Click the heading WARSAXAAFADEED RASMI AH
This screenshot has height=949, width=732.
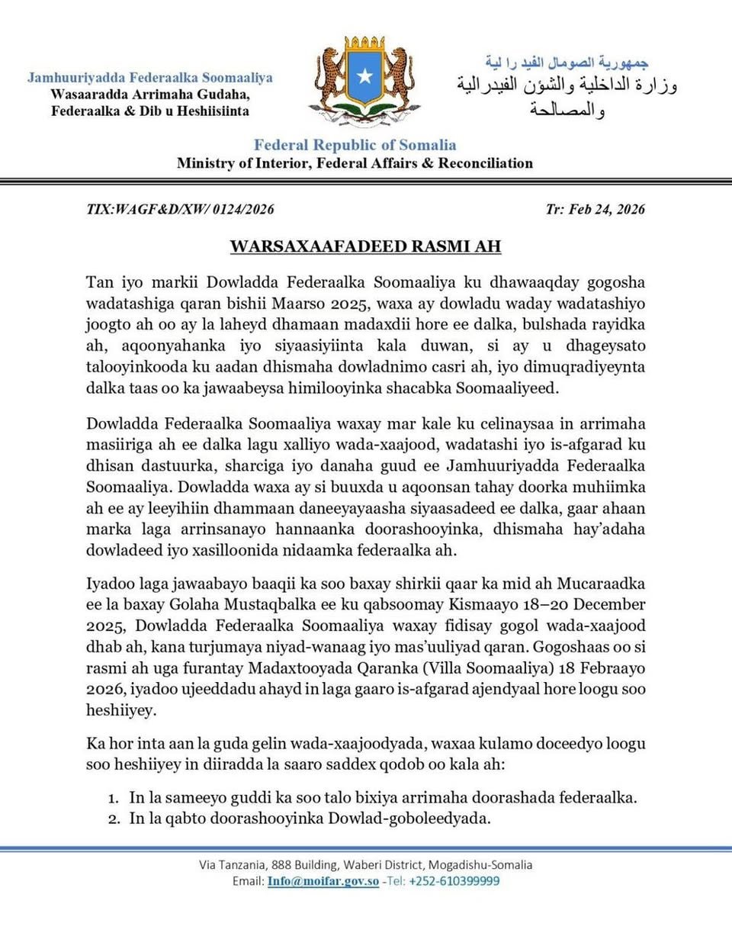[366, 246]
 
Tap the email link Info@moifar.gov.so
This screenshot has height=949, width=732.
[323, 881]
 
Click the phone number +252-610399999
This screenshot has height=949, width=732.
[454, 881]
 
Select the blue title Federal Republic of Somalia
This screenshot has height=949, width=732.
[355, 145]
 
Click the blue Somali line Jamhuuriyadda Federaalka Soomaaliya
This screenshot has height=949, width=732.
[150, 77]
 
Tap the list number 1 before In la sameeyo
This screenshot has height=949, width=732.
[113, 798]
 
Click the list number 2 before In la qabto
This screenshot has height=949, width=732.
[113, 819]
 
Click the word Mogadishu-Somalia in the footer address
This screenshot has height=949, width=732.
[480, 865]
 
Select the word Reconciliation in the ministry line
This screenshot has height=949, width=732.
[485, 163]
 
